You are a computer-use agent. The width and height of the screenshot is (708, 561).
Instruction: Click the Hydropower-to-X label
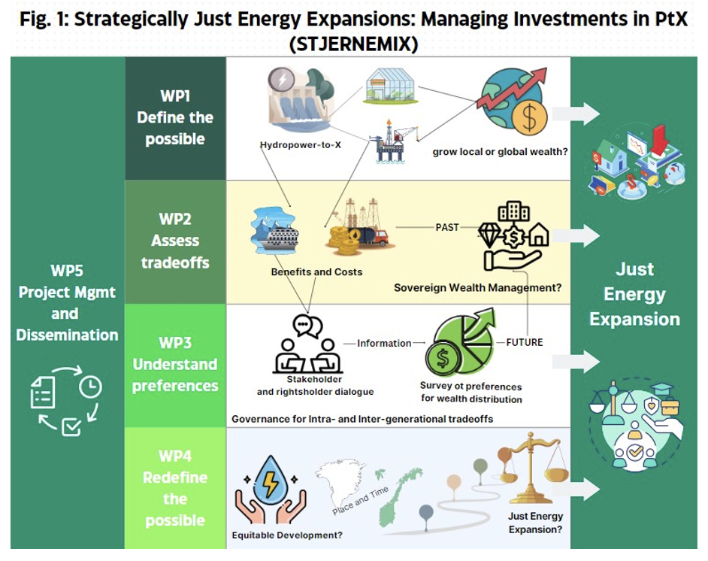coord(301,145)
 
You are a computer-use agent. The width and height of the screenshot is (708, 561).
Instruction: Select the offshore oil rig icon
coord(392,141)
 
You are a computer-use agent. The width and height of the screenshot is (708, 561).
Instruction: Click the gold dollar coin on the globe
coord(529,117)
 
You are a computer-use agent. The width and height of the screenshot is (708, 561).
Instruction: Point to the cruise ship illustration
coord(275,230)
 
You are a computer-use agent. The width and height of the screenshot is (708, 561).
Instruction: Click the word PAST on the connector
coord(447,227)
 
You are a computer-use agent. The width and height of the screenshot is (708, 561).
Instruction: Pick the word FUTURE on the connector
coord(524,342)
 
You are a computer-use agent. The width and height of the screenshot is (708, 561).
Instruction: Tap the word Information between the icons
coord(384,343)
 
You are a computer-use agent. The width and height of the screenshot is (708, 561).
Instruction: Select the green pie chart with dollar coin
coord(461,341)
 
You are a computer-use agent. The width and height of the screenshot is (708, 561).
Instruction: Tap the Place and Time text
coord(360,501)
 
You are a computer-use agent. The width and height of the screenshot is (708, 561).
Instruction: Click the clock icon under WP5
coord(90,387)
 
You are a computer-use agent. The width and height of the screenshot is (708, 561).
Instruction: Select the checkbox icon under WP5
coord(71,426)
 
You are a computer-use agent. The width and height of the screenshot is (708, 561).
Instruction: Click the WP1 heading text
coord(175,96)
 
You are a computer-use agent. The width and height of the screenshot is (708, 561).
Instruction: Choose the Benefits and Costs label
coord(316,272)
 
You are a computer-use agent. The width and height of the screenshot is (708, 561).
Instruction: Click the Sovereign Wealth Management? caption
coord(478,288)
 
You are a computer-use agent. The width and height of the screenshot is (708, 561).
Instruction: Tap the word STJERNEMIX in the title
coord(353,44)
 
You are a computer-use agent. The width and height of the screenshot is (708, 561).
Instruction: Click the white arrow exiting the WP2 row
coord(576,236)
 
